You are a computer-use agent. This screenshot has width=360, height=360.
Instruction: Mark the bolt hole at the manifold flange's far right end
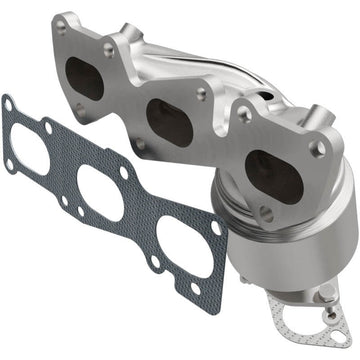coord(319,147)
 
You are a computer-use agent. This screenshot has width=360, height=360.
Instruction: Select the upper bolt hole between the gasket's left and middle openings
coord(48,126)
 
